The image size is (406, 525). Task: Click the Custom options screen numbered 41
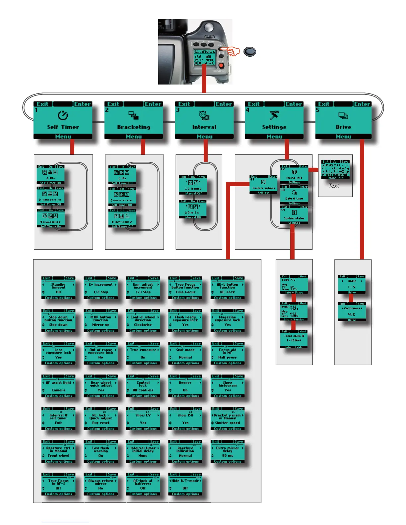[x=264, y=185]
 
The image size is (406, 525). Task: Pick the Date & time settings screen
[x=294, y=195]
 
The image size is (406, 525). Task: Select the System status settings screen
[x=294, y=215]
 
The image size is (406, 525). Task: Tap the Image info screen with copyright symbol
[x=294, y=174]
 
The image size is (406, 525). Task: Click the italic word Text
[x=334, y=186]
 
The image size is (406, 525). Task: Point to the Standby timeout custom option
[x=58, y=288]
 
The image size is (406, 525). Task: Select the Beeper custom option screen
[x=185, y=386]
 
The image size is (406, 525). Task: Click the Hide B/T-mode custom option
[x=185, y=484]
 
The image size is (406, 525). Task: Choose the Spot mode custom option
[x=185, y=353]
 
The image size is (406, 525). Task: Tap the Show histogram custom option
[x=228, y=386]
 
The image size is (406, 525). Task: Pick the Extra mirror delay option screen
[x=228, y=451]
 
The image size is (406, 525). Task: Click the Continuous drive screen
[x=352, y=312]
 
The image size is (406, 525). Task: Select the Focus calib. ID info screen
[x=294, y=339]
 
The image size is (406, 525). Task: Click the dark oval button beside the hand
[x=249, y=52]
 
